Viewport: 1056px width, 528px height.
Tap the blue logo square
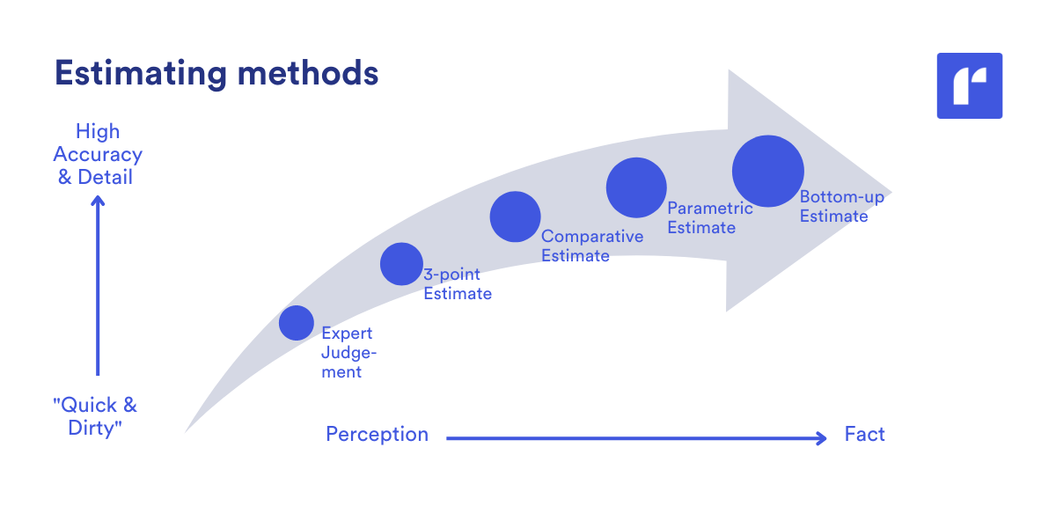point(970,85)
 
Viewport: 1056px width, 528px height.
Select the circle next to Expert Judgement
point(297,323)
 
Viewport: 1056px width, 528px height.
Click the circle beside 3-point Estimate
point(401,264)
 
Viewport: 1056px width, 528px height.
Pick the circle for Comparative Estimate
point(515,216)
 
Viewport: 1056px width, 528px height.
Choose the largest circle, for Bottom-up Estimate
point(768,172)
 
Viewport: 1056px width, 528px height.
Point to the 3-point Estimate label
point(457,284)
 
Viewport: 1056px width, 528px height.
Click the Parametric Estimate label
point(709,218)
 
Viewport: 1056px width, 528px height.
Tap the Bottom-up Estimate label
point(841,207)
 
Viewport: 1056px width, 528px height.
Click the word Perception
point(377,435)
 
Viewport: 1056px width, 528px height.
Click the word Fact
point(864,435)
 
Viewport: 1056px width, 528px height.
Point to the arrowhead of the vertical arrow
point(98,202)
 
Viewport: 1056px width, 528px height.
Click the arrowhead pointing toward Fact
point(822,437)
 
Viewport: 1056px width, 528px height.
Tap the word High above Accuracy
point(98,132)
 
